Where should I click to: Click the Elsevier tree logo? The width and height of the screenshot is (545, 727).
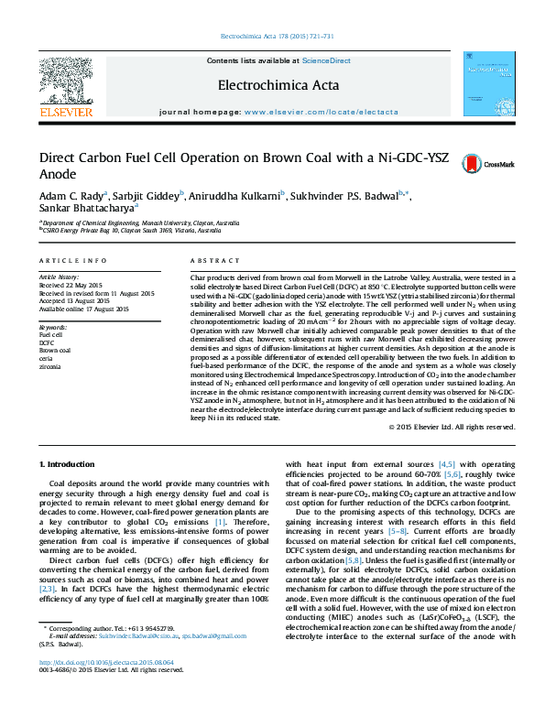coord(66,83)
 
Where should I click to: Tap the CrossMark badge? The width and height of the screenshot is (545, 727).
coord(475,163)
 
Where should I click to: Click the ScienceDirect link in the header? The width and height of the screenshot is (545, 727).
coord(327,60)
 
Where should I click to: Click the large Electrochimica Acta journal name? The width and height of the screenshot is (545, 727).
coord(271,85)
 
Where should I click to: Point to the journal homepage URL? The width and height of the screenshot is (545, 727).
coord(322,111)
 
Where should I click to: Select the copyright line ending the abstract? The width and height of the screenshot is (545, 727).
coord(450,426)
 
